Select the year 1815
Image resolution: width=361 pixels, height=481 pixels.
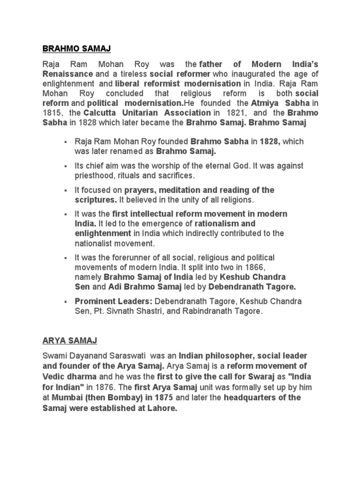pos(51,113)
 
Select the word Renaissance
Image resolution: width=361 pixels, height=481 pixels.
pos(68,74)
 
